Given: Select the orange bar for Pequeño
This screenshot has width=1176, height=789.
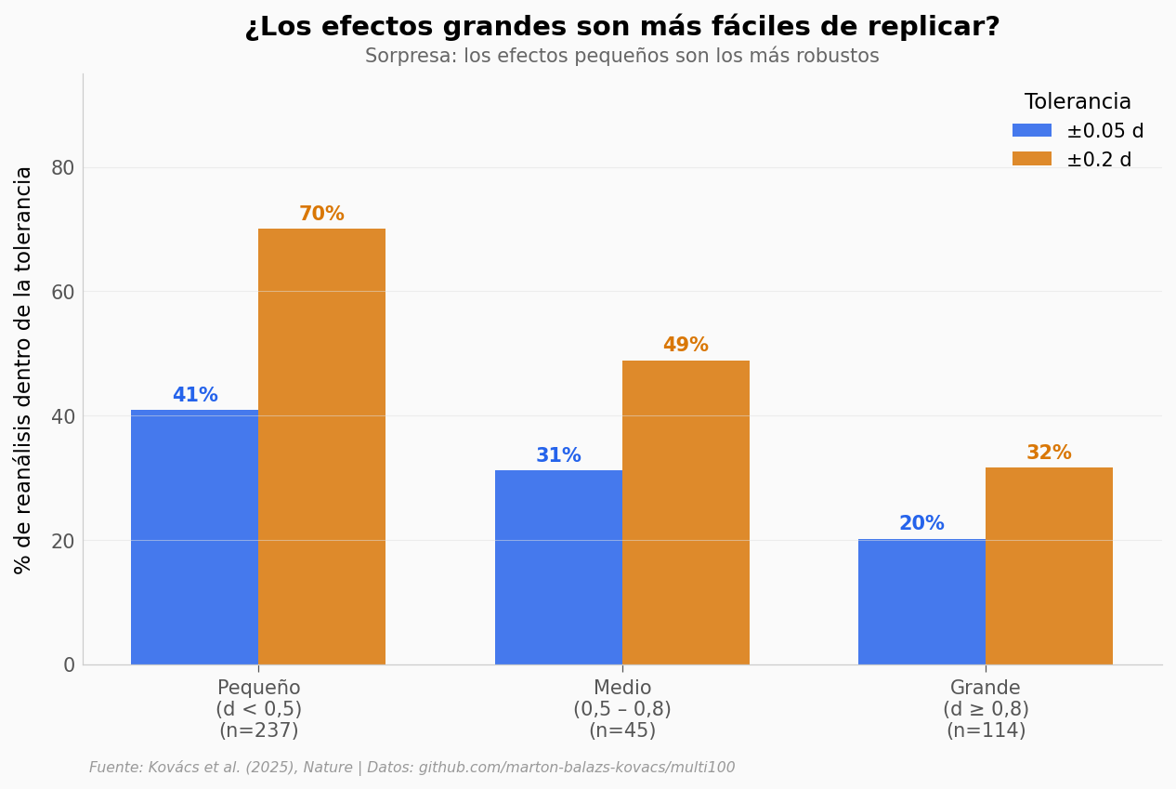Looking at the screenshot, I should point(321,446).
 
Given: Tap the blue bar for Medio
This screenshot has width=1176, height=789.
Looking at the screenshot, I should point(558,567).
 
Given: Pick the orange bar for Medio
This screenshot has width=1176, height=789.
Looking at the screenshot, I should point(686,512).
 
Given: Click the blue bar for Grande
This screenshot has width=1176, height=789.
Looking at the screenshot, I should point(921,601).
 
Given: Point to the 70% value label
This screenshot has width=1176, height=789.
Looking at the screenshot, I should point(321,215).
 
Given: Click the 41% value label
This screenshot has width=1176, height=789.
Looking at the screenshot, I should point(195,396).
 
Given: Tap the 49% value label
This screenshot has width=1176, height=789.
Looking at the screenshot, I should point(686,346).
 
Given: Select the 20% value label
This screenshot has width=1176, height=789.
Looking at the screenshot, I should point(921,524).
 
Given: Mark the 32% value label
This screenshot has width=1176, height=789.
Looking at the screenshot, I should point(1049,454).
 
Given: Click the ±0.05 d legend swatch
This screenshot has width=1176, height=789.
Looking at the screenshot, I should point(1031,131).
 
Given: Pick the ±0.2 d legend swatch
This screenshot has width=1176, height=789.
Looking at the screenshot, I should point(1031,159).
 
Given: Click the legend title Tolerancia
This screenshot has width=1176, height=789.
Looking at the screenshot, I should point(1078,102).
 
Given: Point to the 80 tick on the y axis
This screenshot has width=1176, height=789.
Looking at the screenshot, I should point(62,168).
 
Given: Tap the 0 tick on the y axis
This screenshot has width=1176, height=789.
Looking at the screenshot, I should point(69,664).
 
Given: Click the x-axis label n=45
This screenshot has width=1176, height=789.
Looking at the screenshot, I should point(622,731).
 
